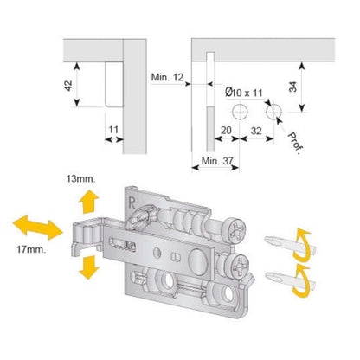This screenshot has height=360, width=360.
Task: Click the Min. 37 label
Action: pyautogui.click(x=216, y=162)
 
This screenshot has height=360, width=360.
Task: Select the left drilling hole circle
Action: pyautogui.click(x=239, y=112)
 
